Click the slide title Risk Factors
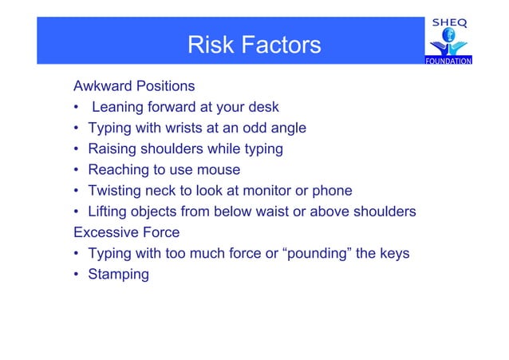point(254,45)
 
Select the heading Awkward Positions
point(134,85)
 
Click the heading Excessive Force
point(126,233)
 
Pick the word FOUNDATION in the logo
point(448,61)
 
